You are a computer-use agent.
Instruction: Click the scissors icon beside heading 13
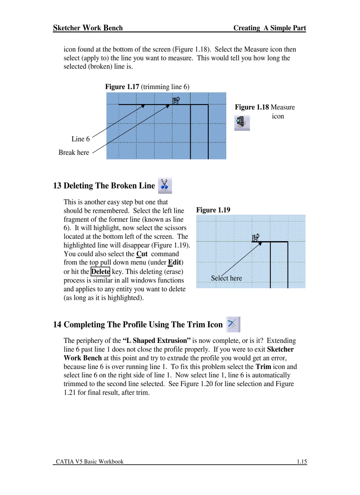point(165,186)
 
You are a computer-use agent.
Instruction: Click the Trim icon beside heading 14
point(232,324)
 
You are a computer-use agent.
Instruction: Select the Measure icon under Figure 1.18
point(242,123)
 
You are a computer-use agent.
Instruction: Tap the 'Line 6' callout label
point(80,139)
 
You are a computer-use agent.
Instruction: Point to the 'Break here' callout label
point(74,153)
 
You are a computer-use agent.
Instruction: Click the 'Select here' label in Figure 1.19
point(226,278)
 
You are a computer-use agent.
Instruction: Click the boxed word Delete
point(100,272)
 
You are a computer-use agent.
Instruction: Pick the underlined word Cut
point(142,254)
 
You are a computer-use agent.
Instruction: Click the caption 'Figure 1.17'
point(121,87)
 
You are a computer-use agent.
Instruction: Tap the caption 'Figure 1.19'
point(213,210)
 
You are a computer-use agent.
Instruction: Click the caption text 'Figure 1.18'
point(251,107)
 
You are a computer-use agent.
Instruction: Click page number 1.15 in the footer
point(301,462)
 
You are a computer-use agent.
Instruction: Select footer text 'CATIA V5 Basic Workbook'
point(90,462)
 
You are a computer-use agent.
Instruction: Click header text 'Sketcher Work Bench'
point(88,28)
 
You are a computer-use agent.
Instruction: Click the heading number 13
point(57,186)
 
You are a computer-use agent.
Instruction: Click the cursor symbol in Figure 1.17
point(175,101)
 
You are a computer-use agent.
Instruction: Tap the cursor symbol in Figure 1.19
point(255,238)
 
